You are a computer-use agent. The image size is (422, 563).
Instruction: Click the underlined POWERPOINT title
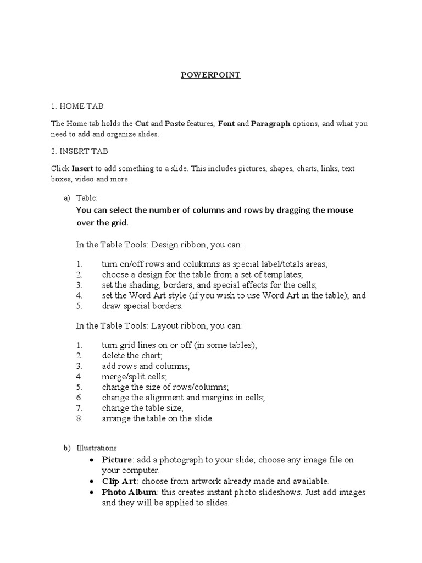[x=210, y=75]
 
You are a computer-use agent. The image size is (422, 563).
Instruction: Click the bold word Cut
[x=142, y=124]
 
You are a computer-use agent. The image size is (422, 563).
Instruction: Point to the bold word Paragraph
[x=270, y=124]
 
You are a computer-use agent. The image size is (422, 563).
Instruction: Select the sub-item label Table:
[x=87, y=198]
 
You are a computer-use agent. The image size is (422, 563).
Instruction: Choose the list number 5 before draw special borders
[x=79, y=306]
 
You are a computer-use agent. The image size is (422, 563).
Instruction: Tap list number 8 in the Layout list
[x=79, y=418]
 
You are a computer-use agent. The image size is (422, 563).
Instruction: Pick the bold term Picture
[x=116, y=459]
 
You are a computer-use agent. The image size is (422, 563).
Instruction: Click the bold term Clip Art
[x=118, y=481]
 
